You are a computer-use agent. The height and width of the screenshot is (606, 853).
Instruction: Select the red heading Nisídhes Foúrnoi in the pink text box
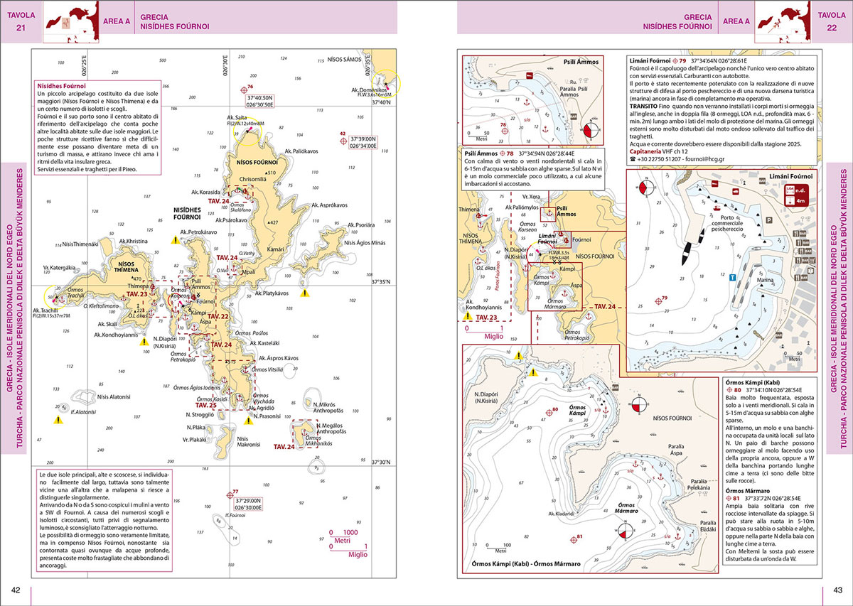tap(63, 86)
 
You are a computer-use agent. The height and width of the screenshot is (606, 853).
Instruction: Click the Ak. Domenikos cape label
tap(369, 90)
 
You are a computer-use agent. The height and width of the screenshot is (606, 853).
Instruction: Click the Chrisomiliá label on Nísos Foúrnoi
tap(254, 179)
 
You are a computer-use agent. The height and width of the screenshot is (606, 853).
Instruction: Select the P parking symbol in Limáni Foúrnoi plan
tap(769, 220)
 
